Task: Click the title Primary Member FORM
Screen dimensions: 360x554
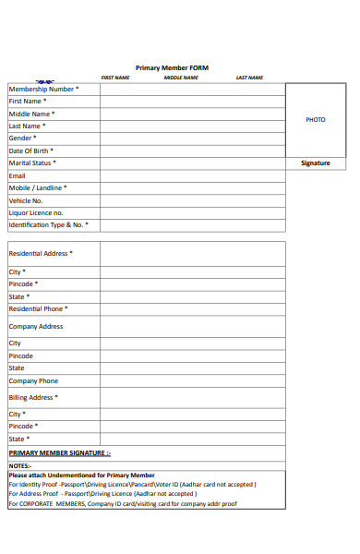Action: point(172,67)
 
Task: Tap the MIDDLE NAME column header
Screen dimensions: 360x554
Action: point(181,78)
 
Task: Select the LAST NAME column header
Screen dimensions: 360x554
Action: point(249,78)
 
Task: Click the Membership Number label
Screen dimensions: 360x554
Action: point(43,89)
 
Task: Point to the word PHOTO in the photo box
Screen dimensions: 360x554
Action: point(315,120)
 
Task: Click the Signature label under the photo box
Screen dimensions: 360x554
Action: point(315,163)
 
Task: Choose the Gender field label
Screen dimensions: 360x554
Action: point(23,138)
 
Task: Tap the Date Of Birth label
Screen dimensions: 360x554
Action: point(31,151)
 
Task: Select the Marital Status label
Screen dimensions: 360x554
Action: point(32,163)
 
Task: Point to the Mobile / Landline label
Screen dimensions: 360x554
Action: point(38,187)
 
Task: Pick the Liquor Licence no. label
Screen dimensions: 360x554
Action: point(36,212)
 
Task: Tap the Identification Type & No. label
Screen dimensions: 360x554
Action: point(49,224)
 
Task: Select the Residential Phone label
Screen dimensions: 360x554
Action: point(38,308)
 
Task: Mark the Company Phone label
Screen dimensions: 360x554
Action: point(33,380)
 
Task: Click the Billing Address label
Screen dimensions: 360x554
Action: point(33,397)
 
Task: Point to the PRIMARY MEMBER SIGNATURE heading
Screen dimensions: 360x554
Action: point(59,453)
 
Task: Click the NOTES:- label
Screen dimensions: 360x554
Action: point(20,466)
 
